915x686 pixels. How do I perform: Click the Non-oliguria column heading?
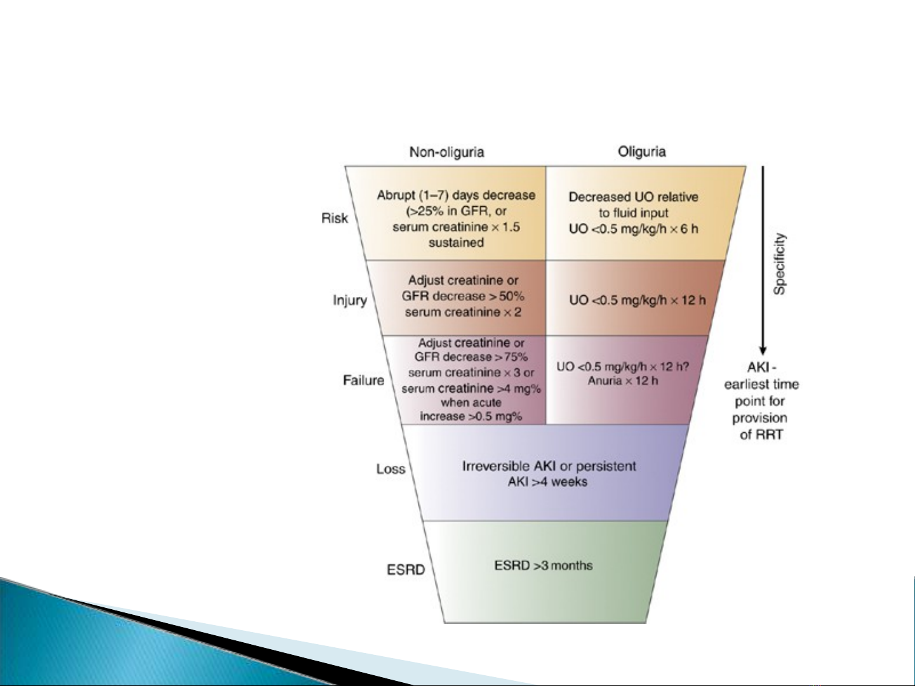tap(446, 152)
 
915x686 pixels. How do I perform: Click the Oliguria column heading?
tap(641, 152)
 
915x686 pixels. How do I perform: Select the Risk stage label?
tap(335, 218)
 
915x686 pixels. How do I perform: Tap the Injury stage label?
tap(350, 300)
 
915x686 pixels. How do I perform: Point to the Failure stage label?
tap(363, 380)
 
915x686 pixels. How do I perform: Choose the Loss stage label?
tap(391, 469)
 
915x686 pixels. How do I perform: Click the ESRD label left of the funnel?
tap(406, 569)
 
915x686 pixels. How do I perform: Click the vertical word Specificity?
tap(780, 263)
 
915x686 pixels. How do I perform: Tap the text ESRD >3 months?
tap(543, 565)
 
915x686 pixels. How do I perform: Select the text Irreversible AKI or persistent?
tap(549, 466)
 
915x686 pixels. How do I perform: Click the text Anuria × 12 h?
tap(623, 381)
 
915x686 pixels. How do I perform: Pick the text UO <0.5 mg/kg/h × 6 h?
tap(633, 228)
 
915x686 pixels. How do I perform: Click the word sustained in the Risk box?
tap(456, 242)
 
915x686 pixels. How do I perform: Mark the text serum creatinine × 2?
tap(463, 312)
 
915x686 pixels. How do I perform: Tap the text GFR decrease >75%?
tap(471, 357)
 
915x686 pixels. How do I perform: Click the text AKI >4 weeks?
tap(547, 482)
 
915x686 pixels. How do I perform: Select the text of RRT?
tap(761, 435)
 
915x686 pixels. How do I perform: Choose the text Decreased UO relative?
tap(633, 197)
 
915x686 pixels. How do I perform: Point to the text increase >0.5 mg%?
tap(471, 416)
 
